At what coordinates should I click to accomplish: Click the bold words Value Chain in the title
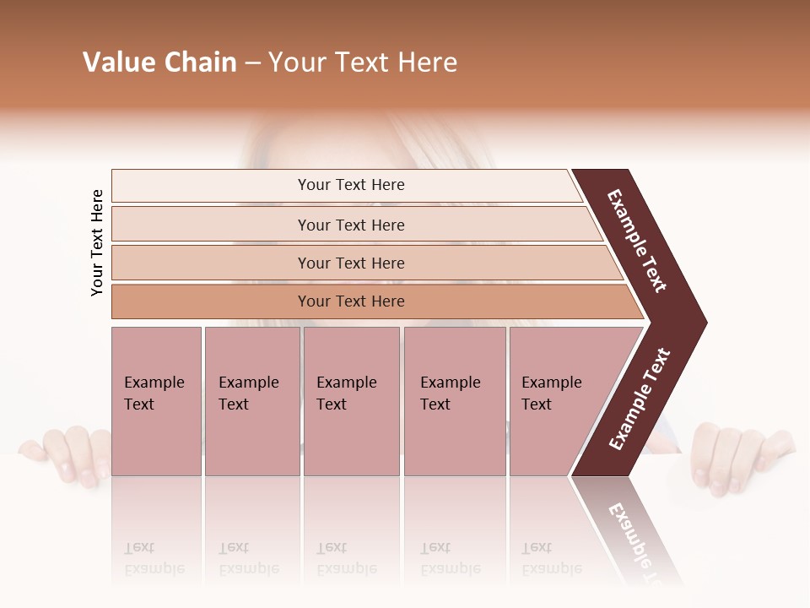159,62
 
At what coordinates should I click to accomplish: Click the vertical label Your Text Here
97,242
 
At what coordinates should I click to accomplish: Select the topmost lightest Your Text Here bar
350,185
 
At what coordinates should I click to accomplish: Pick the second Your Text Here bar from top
350,225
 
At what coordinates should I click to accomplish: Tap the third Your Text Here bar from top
350,263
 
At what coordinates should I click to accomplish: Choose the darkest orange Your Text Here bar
350,301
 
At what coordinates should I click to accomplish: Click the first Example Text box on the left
156,401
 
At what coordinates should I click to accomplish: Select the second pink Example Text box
251,401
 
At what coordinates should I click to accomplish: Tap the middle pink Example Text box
351,401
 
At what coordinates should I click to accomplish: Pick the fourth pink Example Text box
455,401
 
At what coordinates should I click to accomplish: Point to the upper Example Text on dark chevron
637,241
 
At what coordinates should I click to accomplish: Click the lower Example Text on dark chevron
640,399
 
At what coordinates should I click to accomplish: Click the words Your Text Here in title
363,62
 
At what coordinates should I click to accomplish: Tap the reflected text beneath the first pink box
154,558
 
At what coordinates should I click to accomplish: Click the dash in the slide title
252,63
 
